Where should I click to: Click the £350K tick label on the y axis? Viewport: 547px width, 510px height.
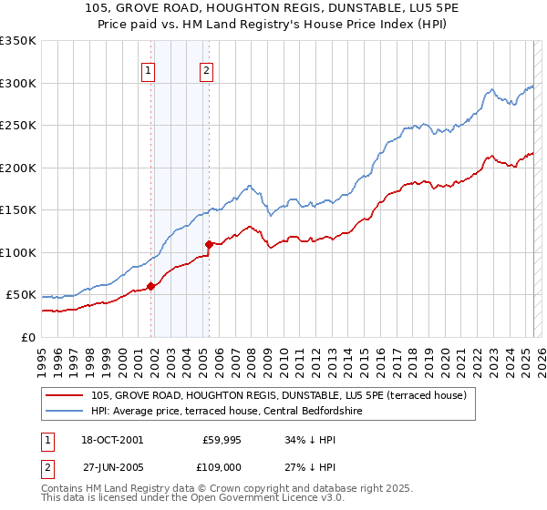(x=18, y=41)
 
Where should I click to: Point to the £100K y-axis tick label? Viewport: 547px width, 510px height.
(x=18, y=252)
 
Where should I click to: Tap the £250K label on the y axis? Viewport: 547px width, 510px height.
(x=18, y=126)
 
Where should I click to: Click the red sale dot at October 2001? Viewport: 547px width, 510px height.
(x=150, y=286)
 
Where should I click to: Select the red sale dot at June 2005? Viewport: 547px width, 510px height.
(x=210, y=244)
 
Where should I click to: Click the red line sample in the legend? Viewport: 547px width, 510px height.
(x=66, y=395)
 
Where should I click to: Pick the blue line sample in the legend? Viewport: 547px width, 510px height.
(x=66, y=412)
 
